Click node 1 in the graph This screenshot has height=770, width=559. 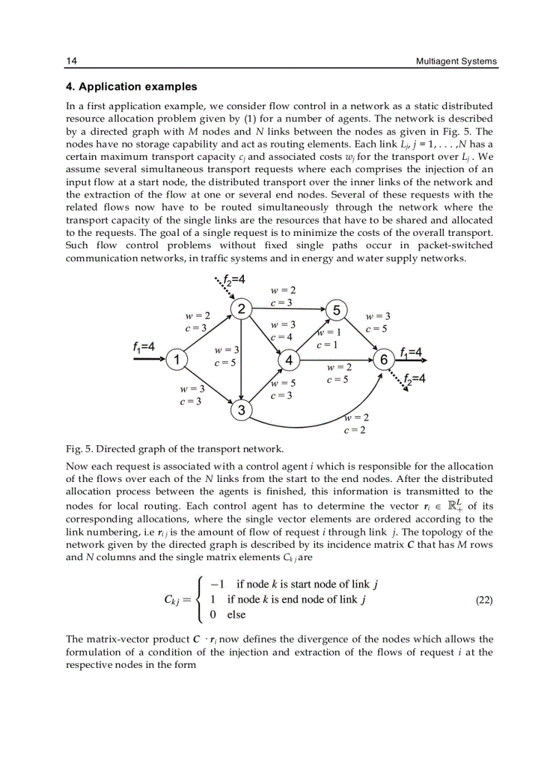point(177,359)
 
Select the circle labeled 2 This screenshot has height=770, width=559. point(241,309)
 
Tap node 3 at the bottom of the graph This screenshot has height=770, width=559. point(241,411)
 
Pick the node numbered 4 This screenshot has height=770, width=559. point(288,359)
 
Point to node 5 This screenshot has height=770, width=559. point(336,309)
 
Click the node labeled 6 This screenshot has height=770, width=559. point(384,359)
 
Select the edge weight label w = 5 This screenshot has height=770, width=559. point(283,383)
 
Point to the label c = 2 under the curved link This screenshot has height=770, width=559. point(355,430)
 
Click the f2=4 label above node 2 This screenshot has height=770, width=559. point(234,280)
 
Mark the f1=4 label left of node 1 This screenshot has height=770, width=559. point(144,347)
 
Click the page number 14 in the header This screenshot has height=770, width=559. point(71,61)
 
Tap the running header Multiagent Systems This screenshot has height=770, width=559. point(456,61)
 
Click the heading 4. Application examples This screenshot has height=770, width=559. point(131,86)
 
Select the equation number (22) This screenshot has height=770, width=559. point(484,599)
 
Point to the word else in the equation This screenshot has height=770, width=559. point(236,614)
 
